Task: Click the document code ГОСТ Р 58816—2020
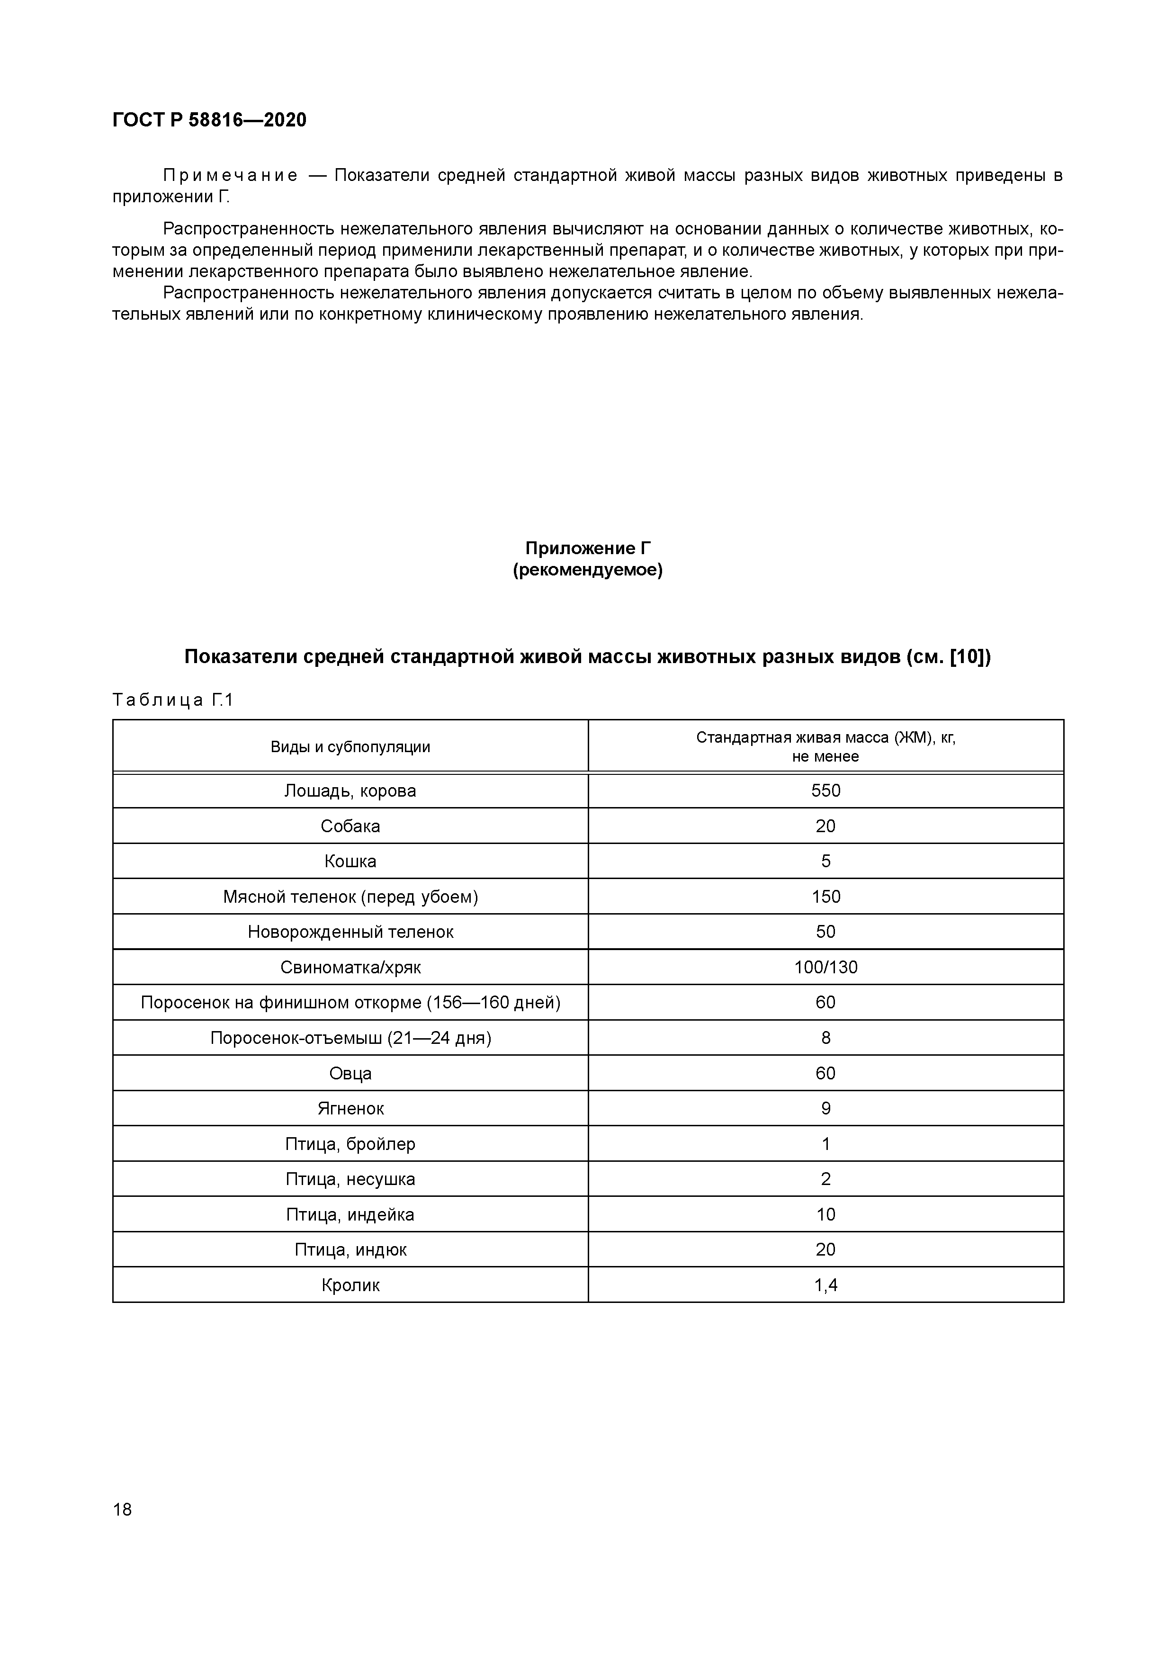[x=209, y=120]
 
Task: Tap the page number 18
[x=122, y=1509]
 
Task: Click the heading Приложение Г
[x=587, y=548]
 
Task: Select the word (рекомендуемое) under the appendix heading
[x=587, y=570]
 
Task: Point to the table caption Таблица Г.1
[x=173, y=700]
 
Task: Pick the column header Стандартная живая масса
[x=825, y=738]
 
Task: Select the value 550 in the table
[x=825, y=790]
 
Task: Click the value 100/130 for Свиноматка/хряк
[x=825, y=967]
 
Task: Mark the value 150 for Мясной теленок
[x=825, y=897]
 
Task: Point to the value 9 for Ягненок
[x=825, y=1108]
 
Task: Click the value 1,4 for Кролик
[x=825, y=1285]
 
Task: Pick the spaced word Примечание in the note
[x=230, y=176]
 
